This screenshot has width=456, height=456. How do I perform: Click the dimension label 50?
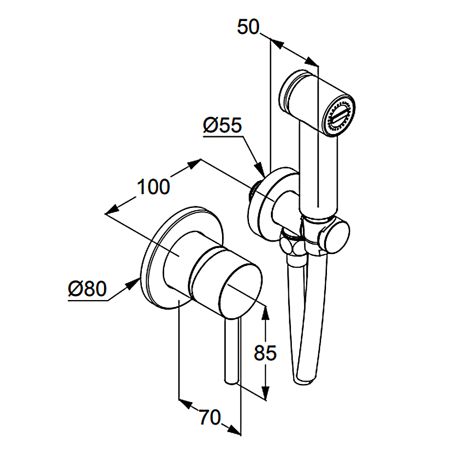tap(248, 27)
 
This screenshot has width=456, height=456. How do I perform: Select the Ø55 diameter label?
tap(223, 125)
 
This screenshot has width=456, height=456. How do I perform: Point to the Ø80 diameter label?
tap(87, 289)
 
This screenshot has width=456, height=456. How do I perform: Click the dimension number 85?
tap(265, 353)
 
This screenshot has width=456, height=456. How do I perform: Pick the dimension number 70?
tap(210, 417)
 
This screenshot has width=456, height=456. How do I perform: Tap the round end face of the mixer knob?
tap(240, 291)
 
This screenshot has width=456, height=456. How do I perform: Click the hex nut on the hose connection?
tap(292, 243)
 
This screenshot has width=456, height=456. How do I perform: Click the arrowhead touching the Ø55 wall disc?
tap(260, 170)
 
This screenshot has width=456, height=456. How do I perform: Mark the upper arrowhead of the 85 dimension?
tap(265, 312)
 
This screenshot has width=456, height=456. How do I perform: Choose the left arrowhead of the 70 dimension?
tap(186, 404)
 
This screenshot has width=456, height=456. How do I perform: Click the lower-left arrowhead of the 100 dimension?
tap(112, 210)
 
